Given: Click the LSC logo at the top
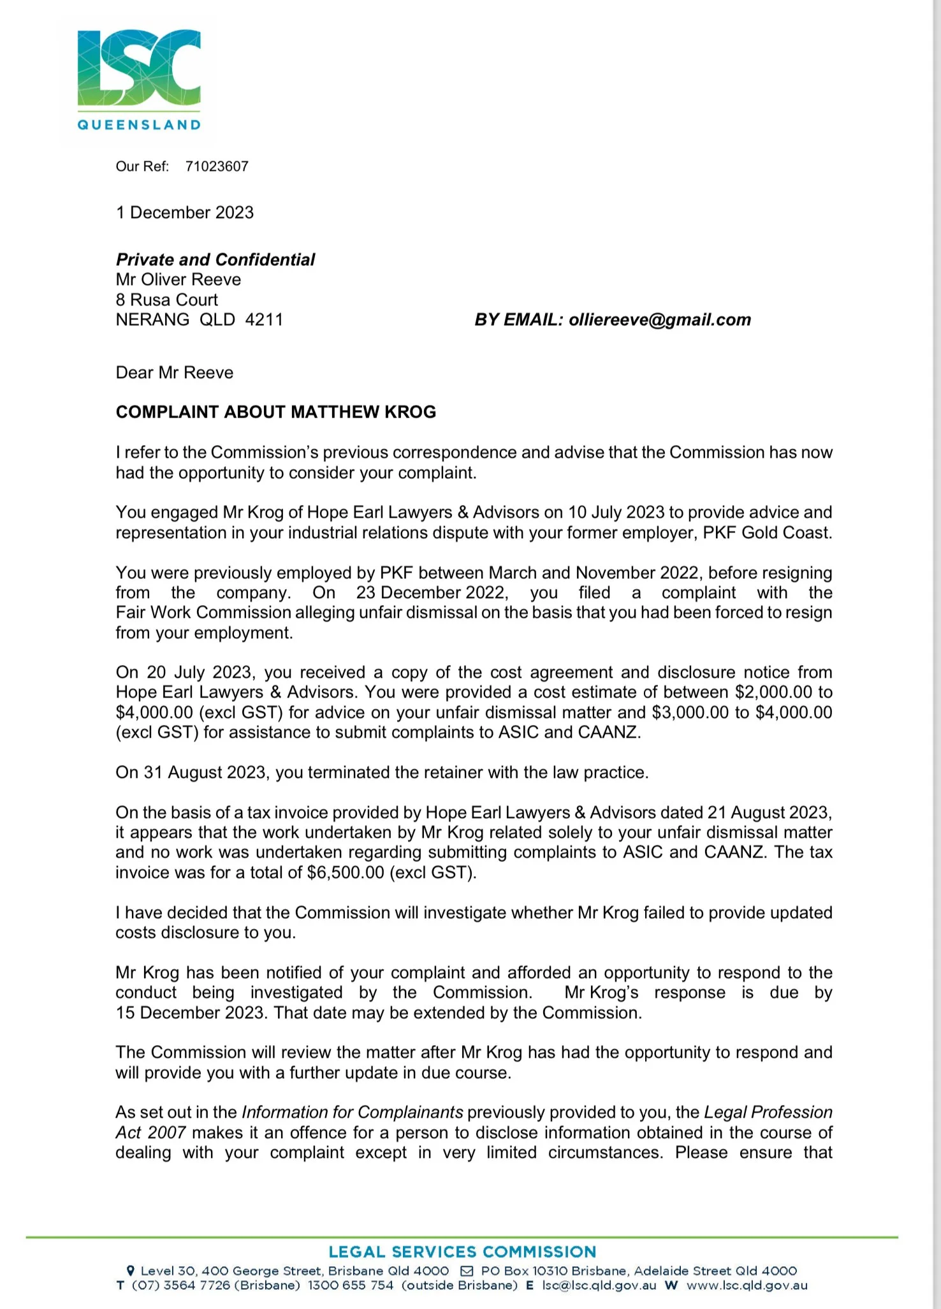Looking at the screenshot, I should (x=139, y=68).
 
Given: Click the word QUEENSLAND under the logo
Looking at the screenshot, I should (x=139, y=125).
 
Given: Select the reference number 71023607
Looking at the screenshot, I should (x=217, y=166).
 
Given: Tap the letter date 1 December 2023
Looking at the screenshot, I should (x=185, y=212).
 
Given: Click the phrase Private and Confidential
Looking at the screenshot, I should (x=215, y=260).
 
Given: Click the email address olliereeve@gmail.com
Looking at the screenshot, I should (x=660, y=319).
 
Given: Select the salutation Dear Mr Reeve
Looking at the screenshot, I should (x=175, y=372).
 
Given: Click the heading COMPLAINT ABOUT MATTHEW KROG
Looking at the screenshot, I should (x=276, y=412).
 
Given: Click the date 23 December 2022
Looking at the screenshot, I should (x=432, y=593).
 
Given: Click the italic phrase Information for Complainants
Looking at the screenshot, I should (x=353, y=1113).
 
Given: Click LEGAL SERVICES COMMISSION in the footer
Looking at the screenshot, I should (x=462, y=1252).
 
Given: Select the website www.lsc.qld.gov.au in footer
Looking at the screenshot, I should (x=747, y=1286).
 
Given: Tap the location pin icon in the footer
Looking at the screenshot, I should (x=131, y=1271).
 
